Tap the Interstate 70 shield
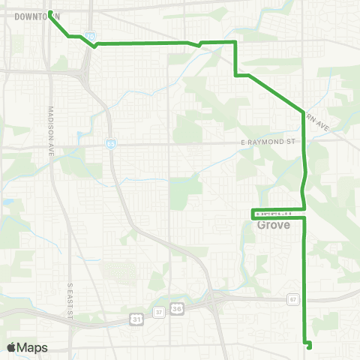pyautogui.click(x=90, y=35)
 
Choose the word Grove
pyautogui.click(x=273, y=224)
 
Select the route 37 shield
pyautogui.click(x=158, y=310)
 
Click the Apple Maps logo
pyautogui.click(x=27, y=347)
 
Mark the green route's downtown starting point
pyautogui.click(x=50, y=13)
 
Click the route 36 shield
pyautogui.click(x=177, y=307)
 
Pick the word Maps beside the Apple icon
pyautogui.click(x=33, y=347)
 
